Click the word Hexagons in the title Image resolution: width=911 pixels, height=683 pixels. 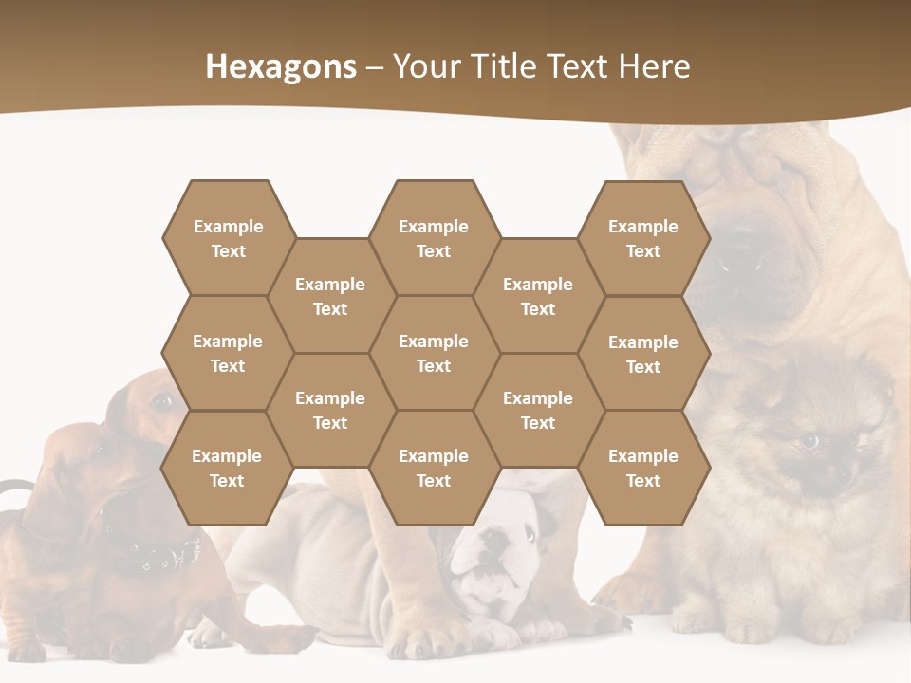(281, 66)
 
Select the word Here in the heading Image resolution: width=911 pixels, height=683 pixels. (654, 66)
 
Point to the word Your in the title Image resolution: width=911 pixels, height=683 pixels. (424, 66)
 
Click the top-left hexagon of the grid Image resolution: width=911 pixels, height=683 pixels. (228, 238)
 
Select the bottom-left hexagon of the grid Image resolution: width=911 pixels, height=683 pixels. (227, 468)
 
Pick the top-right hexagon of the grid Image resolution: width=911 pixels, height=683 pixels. (643, 238)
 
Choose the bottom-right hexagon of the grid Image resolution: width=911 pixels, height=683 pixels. (643, 468)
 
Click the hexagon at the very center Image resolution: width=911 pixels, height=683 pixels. (434, 353)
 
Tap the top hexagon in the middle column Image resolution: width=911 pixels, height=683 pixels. (434, 238)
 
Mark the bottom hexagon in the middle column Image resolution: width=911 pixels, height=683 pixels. (434, 468)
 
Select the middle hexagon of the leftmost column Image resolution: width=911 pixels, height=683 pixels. (228, 353)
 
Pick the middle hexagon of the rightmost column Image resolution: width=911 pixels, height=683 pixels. (643, 354)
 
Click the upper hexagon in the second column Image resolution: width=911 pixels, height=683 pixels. (330, 296)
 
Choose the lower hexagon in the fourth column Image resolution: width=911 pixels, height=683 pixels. (538, 410)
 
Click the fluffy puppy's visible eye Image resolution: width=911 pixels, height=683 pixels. (809, 440)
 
